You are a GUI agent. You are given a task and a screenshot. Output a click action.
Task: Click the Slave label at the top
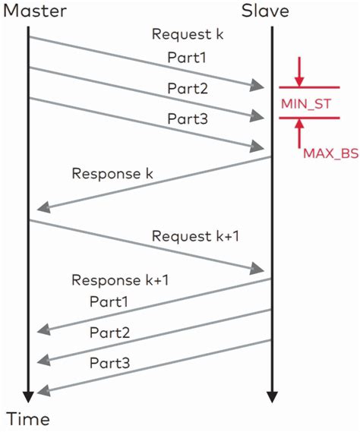coord(266,11)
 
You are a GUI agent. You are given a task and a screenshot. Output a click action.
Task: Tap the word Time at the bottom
coord(28,419)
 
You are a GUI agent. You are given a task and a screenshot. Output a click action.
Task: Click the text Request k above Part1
coord(188,34)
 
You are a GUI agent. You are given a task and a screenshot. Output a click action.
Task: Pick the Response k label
coord(112,173)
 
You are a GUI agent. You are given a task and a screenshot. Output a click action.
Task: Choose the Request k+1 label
coord(196,236)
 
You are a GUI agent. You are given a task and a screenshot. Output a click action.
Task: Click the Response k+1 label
coord(120,280)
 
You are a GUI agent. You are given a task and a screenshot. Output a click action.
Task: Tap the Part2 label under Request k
coord(186,88)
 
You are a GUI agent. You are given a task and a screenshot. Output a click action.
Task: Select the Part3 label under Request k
coord(186,119)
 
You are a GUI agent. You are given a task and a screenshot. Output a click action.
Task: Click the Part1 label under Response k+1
coord(109,302)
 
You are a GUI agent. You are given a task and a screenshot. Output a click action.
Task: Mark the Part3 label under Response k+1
coord(109,364)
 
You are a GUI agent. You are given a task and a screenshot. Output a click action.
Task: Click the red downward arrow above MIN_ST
coord(301,71)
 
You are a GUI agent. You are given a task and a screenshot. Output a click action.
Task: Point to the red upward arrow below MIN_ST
coord(301,134)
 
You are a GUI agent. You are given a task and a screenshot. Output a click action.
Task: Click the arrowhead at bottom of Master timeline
coord(28,396)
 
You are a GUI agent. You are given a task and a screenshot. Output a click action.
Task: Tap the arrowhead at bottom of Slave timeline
coord(271,396)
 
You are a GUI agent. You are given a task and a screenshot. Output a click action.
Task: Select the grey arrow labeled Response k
coord(152,182)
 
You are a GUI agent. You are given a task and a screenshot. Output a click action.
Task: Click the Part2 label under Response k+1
coord(109,333)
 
